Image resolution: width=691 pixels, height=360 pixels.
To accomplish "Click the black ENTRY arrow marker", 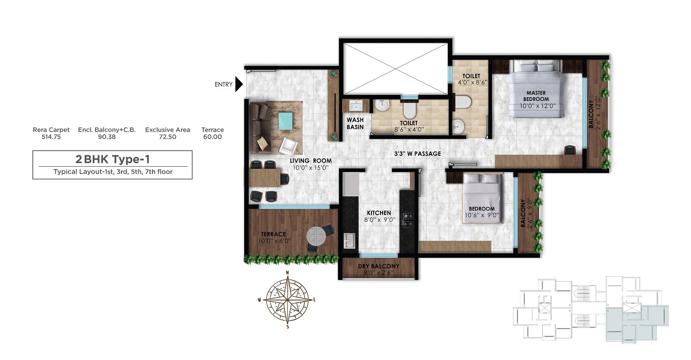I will [x=239, y=84].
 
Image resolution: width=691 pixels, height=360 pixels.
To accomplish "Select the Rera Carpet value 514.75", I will [x=51, y=137].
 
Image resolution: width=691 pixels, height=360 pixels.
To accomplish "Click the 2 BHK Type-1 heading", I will [x=112, y=159].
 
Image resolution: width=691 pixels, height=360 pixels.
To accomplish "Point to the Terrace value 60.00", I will [x=212, y=137].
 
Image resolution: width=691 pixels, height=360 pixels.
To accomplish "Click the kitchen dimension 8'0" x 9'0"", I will [x=379, y=220].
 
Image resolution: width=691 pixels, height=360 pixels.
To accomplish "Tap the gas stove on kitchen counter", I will [x=408, y=220].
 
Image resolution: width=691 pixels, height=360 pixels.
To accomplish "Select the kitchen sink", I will [x=349, y=240].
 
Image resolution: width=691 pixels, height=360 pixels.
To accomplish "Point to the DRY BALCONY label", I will [x=378, y=266].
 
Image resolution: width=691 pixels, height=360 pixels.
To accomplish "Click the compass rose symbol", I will [x=288, y=299].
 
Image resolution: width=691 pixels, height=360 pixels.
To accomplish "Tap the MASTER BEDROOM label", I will [x=536, y=96].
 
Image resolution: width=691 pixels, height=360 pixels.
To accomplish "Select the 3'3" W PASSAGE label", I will [x=417, y=154].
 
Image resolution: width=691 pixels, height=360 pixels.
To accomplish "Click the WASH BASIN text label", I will [x=355, y=123].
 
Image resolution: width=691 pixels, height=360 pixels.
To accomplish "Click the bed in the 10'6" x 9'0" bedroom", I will [x=482, y=199].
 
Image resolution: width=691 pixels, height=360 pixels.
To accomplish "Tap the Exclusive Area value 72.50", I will [x=168, y=137].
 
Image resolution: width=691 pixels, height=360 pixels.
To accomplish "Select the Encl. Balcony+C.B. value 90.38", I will [x=107, y=137].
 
